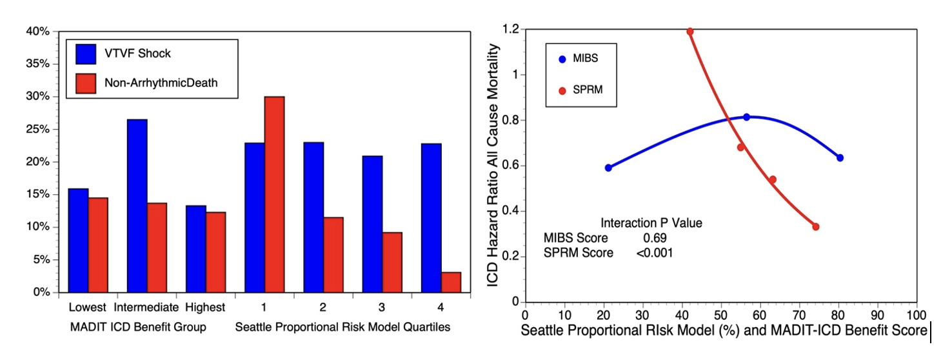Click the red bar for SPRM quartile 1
[x=274, y=194]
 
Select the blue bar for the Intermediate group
[x=137, y=206]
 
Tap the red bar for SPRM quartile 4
[x=451, y=282]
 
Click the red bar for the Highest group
[x=215, y=252]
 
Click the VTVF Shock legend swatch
[x=86, y=54]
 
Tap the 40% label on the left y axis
[x=37, y=31]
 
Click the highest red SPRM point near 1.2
[x=690, y=31]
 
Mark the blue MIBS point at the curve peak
[x=746, y=117]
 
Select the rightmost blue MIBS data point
[x=840, y=157]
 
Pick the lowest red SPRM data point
[x=816, y=226]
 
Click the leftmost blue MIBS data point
[x=608, y=168]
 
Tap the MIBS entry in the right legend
[x=585, y=59]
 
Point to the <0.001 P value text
[x=654, y=253]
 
